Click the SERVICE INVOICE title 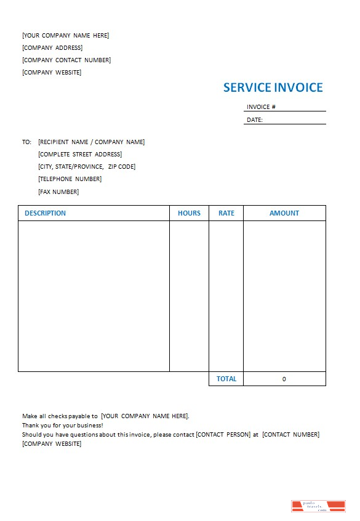[x=273, y=87]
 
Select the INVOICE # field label [x=261, y=107]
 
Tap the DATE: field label [x=255, y=120]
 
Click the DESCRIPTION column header [x=45, y=213]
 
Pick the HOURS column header [x=189, y=213]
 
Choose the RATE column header [x=226, y=213]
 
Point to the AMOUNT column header [x=284, y=213]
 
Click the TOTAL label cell [x=226, y=379]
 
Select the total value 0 [x=284, y=379]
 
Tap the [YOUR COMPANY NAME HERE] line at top [x=65, y=35]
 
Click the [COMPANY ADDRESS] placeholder [x=52, y=47]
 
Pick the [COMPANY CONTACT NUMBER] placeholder [x=66, y=60]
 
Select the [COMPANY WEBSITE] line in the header [x=52, y=72]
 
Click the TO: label [x=26, y=142]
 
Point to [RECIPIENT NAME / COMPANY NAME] [x=91, y=142]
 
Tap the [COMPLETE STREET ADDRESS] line [x=80, y=154]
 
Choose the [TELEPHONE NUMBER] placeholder [x=70, y=179]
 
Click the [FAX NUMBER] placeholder [x=58, y=192]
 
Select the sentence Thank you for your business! [x=62, y=425]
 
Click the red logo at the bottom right [x=318, y=506]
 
